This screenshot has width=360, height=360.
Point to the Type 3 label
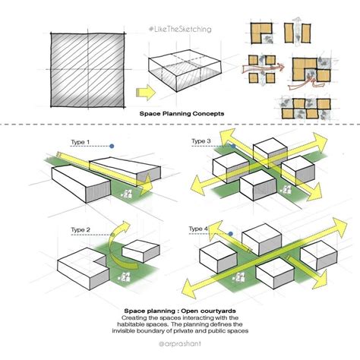click(201, 141)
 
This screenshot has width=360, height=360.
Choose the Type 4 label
click(199, 229)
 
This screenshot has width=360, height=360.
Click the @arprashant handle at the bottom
click(181, 343)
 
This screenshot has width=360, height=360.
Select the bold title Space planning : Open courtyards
click(180, 311)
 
